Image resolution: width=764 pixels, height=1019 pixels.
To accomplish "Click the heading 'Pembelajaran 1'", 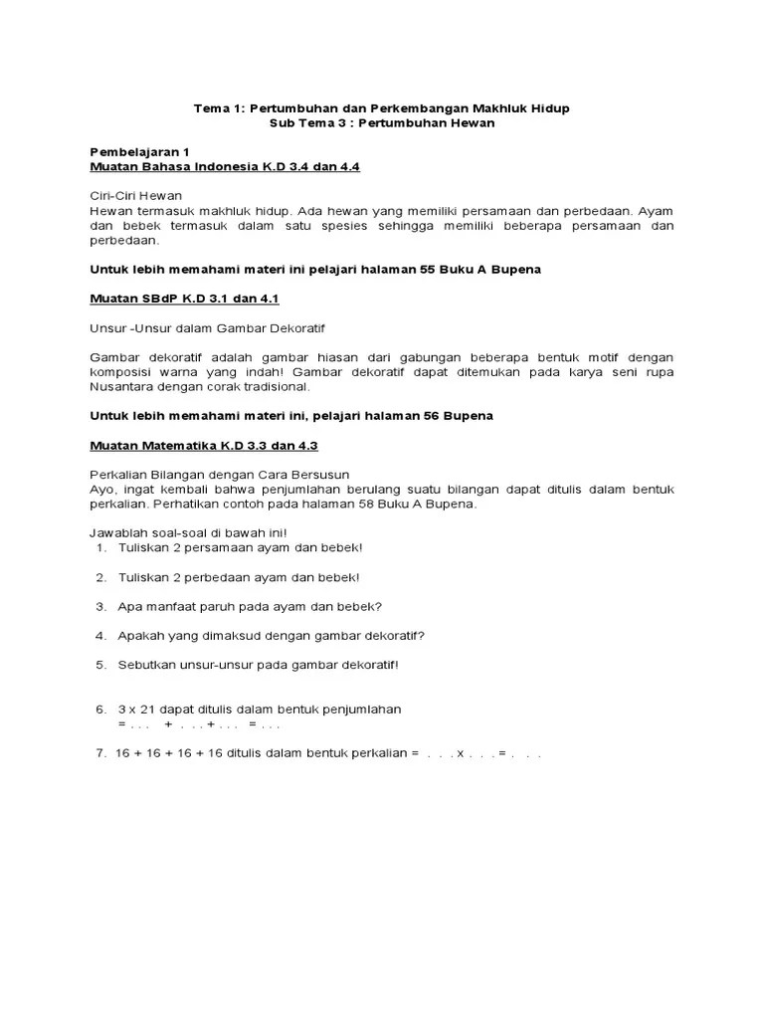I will pyautogui.click(x=139, y=151).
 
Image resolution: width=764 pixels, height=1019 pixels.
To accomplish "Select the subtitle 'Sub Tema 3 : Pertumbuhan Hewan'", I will pyautogui.click(x=382, y=122).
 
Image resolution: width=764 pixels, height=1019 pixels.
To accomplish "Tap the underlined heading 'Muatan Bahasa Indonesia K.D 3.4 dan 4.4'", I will pyautogui.click(x=225, y=166).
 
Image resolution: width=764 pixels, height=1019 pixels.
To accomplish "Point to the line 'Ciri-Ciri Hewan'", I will pyautogui.click(x=136, y=196).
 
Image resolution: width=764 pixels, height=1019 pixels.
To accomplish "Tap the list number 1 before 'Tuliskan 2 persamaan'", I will pyautogui.click(x=101, y=548).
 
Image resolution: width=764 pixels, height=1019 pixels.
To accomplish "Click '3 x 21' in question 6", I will pyautogui.click(x=135, y=709).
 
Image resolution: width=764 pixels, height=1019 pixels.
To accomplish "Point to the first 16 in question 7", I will pyautogui.click(x=124, y=754).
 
